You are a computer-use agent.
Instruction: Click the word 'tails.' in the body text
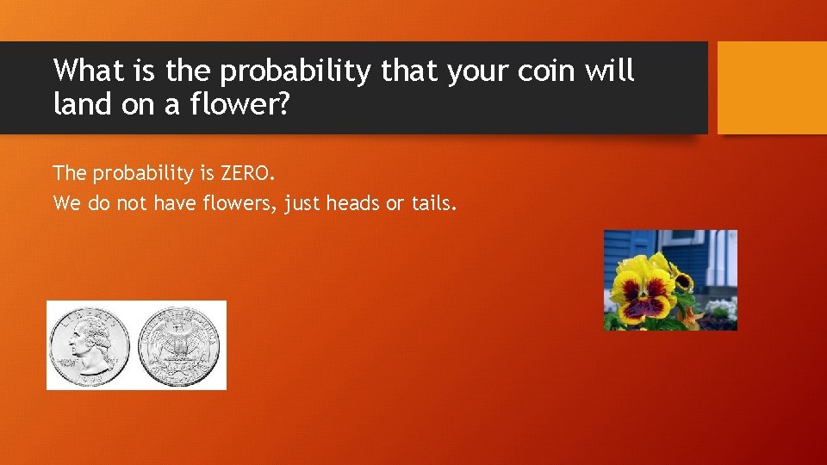coord(435,203)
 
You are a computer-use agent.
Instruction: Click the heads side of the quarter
coord(90,345)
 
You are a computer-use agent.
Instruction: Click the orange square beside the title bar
coord(772,88)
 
